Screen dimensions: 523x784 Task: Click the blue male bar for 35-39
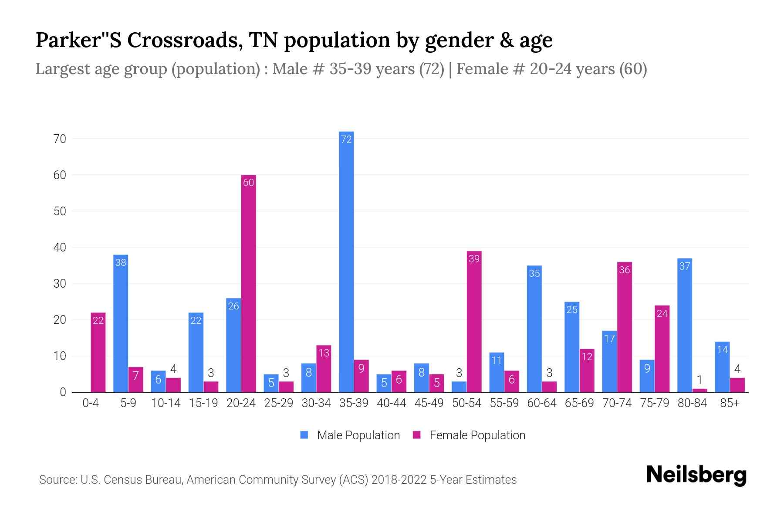click(x=346, y=261)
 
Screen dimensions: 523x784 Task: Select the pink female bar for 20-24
click(x=248, y=283)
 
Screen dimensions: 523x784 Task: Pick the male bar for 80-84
click(x=685, y=325)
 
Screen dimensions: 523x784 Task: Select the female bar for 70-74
click(x=624, y=327)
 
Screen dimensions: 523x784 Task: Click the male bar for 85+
click(x=722, y=367)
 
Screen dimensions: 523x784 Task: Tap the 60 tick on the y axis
click(x=60, y=175)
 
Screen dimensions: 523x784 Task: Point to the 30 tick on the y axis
click(x=60, y=284)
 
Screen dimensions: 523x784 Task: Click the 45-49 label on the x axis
click(x=429, y=403)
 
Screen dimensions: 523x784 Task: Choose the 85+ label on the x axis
click(x=730, y=403)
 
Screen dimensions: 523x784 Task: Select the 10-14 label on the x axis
click(x=166, y=403)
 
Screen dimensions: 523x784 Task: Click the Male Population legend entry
click(x=358, y=435)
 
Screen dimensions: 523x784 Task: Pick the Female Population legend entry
click(x=477, y=435)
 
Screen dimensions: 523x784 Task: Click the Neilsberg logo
click(x=696, y=475)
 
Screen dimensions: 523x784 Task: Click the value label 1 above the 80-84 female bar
click(x=700, y=380)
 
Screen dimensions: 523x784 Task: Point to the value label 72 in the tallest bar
click(x=346, y=139)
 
